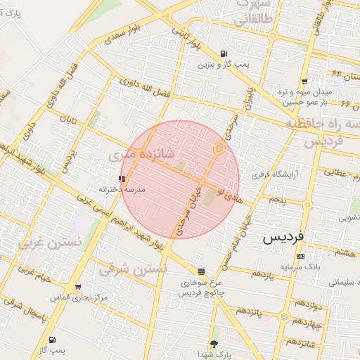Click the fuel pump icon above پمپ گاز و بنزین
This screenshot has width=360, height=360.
point(224,53)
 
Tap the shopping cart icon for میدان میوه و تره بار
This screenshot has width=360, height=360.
point(304,82)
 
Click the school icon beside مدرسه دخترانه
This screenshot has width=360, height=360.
point(123,179)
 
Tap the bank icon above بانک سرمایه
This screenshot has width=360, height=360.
point(300,257)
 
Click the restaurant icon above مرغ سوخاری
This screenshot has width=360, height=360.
point(202,271)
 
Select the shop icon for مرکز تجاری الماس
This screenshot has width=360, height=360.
point(78,287)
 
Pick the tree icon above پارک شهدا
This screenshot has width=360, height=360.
point(214,344)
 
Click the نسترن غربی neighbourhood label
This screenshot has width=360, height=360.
point(50,243)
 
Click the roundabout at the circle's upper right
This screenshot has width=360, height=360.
point(219,148)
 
